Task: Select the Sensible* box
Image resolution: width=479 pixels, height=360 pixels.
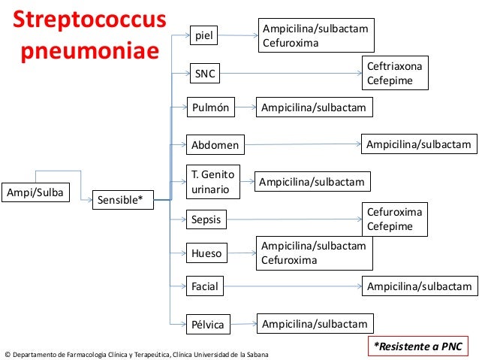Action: coord(121,200)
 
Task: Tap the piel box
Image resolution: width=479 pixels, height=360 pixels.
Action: coord(205,35)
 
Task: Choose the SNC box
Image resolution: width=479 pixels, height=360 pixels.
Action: coord(206,74)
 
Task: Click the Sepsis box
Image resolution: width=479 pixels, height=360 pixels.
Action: coord(207,220)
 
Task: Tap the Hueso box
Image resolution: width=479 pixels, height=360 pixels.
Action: coord(207,254)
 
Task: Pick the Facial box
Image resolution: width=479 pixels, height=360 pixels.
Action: coord(205,286)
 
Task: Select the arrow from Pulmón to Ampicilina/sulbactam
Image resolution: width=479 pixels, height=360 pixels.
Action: coord(244,108)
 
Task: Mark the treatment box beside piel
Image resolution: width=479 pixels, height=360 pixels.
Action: coord(315,35)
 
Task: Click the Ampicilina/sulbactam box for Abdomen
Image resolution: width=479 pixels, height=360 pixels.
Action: coord(417,144)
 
